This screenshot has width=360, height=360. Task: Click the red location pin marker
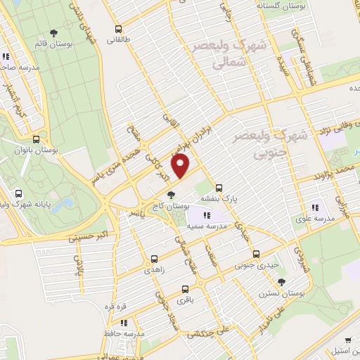point(181,166)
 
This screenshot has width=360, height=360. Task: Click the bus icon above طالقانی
point(118,30)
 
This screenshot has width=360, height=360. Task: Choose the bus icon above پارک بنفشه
point(220,188)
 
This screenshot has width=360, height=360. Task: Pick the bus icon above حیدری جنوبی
point(256,254)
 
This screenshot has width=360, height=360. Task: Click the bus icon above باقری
point(185,288)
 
